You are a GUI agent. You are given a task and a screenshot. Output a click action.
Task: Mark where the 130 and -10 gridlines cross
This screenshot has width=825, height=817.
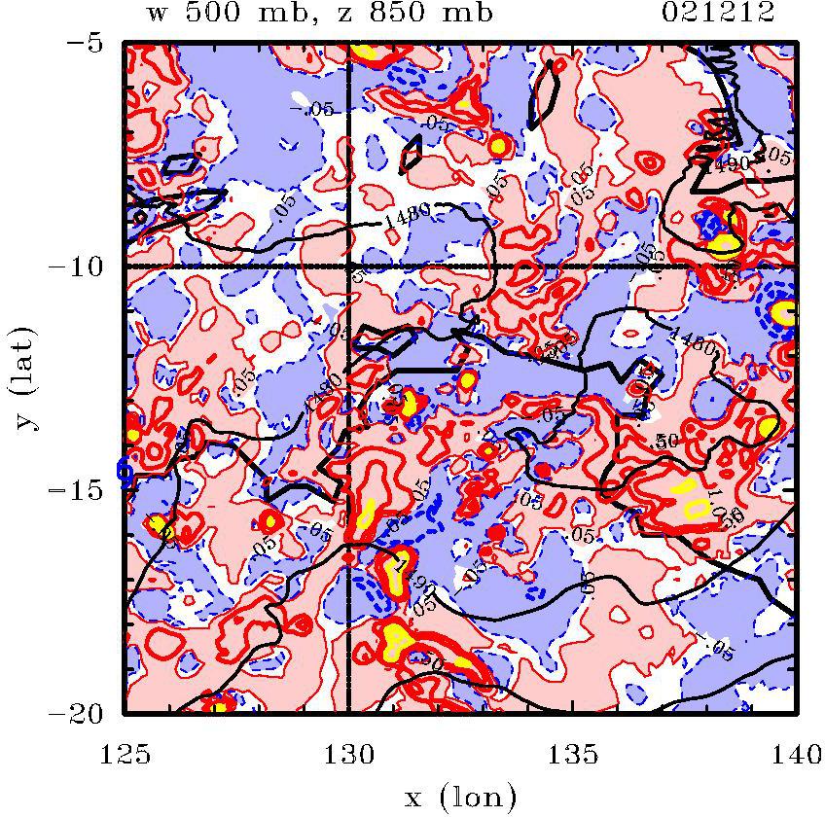[349, 266]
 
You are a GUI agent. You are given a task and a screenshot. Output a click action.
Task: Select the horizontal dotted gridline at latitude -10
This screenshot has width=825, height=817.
[584, 266]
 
